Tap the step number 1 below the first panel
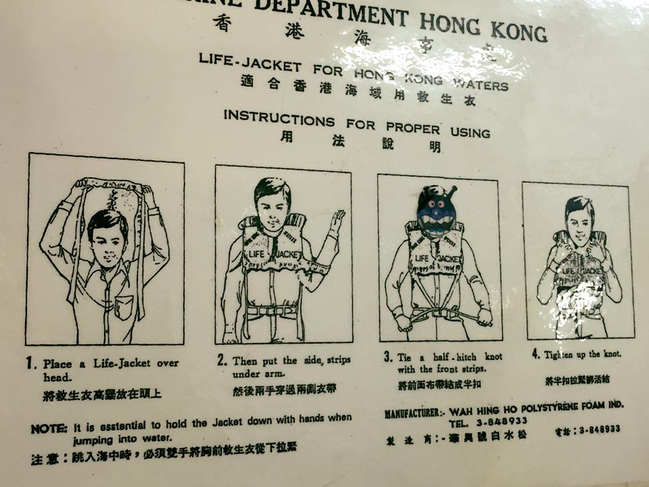(31, 364)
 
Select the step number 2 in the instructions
(222, 361)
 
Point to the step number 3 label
(388, 356)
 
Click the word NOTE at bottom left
(49, 429)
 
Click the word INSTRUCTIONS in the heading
(279, 118)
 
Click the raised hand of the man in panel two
(337, 221)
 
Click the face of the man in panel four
(579, 220)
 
